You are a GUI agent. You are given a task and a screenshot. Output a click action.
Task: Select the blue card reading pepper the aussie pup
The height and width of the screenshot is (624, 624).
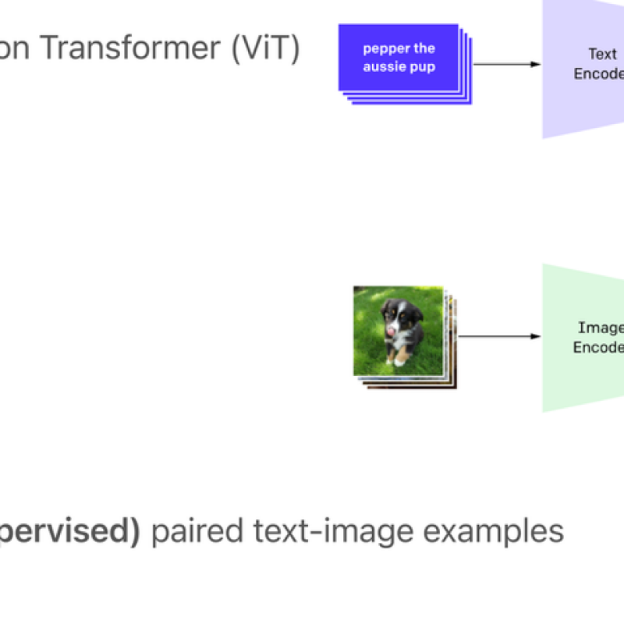pos(399,58)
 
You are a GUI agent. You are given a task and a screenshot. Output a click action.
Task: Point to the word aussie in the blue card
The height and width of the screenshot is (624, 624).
pos(386,66)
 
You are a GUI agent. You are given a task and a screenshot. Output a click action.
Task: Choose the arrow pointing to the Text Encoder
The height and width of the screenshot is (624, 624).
pos(507,64)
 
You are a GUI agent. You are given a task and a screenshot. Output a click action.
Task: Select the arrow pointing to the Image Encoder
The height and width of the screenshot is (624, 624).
pos(499,336)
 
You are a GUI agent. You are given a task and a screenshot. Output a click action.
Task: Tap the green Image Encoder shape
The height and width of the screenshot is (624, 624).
pos(583,337)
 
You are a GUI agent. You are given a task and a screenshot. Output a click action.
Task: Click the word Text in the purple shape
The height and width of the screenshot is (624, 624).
pos(602,55)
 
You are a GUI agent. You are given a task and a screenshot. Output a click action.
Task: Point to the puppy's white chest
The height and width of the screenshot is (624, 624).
pos(402,341)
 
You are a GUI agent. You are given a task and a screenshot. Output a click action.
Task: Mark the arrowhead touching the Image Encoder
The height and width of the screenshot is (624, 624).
pos(537,336)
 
